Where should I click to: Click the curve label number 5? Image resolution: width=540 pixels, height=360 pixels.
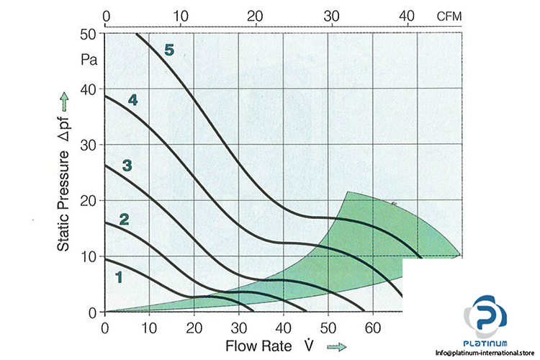pos(169,50)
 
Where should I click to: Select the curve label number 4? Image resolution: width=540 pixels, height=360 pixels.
pos(132,100)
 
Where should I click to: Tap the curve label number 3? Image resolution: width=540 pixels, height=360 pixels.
pos(127,166)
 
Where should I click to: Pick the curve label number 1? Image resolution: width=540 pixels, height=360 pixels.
pos(118,275)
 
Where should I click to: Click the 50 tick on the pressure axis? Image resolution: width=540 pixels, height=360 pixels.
pos(89,34)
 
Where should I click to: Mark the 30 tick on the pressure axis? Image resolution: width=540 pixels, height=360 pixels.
pos(89,145)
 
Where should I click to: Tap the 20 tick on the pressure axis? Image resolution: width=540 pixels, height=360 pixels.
pos(89,201)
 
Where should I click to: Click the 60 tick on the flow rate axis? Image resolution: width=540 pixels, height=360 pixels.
pos(372,329)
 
